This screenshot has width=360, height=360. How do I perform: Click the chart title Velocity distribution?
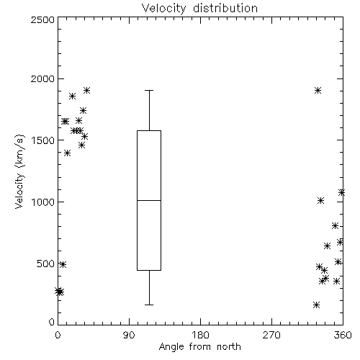tap(199, 8)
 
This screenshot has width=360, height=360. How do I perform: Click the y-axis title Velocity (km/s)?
tap(19, 171)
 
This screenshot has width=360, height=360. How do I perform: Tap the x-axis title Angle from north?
tap(199, 347)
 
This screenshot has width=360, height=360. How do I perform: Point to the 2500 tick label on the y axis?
tap(42, 19)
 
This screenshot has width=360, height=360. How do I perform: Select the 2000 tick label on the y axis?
tap(42, 78)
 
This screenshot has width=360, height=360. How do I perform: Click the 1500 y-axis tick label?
tap(43, 140)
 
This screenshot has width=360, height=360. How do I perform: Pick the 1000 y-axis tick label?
tap(43, 202)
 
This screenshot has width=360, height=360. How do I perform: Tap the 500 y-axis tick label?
tap(46, 264)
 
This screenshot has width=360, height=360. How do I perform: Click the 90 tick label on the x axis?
tap(129, 335)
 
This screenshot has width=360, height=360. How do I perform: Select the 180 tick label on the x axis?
tap(200, 335)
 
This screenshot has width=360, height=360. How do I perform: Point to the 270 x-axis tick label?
tap(271, 335)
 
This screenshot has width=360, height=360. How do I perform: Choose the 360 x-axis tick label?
tap(343, 335)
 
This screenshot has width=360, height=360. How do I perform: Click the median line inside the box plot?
tap(149, 200)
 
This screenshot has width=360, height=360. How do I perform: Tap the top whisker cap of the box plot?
tap(149, 91)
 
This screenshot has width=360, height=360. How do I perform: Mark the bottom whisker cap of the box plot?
tap(149, 305)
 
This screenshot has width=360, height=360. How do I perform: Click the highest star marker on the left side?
tap(86, 91)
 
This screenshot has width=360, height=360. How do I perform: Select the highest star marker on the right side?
tap(318, 91)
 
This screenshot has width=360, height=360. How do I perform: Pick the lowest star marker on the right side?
tap(316, 305)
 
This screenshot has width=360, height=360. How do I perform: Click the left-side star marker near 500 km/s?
tap(63, 264)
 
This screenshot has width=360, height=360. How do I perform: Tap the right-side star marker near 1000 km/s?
tap(320, 200)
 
